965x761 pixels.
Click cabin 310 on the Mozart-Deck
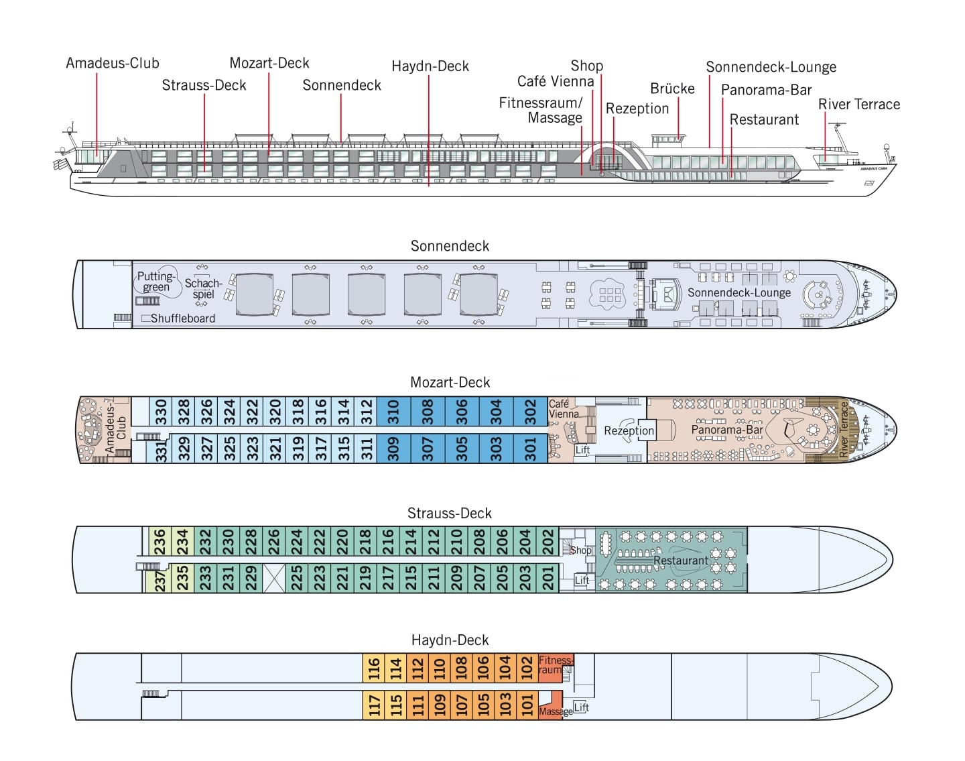(393, 412)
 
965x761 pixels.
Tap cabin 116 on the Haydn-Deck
(374, 668)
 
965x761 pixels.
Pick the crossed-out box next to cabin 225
(274, 578)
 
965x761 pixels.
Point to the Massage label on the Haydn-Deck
(556, 711)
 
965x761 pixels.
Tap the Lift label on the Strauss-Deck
(582, 580)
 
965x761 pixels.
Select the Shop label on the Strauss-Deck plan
(580, 550)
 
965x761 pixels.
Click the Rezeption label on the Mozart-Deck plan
(629, 430)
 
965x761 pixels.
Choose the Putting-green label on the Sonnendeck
(156, 282)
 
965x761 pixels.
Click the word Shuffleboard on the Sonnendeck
(182, 318)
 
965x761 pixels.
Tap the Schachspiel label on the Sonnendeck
(203, 288)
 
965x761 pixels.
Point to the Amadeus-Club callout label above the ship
(113, 63)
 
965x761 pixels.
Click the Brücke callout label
(672, 89)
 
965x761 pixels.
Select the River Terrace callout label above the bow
(858, 104)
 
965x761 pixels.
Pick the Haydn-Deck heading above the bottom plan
(450, 640)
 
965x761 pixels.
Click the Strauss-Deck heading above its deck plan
(449, 513)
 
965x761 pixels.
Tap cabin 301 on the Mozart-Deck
(530, 449)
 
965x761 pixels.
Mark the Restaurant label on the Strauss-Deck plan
(680, 561)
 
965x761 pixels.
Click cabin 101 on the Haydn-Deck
(527, 704)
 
